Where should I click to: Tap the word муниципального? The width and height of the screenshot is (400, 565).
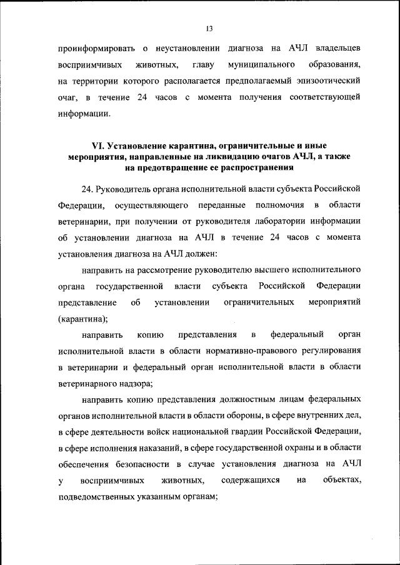click(x=262, y=64)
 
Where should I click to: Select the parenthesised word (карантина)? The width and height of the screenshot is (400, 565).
click(x=83, y=318)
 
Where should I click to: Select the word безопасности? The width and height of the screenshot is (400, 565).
click(x=143, y=464)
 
